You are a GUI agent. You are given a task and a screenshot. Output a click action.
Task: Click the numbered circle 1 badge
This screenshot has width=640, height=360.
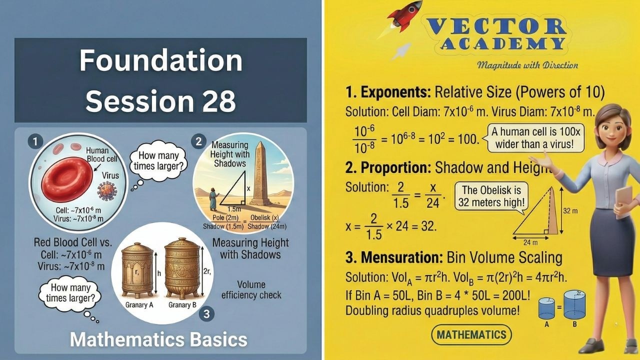[33, 142]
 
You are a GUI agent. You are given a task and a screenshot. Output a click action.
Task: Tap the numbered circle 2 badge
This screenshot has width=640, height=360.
[199, 141]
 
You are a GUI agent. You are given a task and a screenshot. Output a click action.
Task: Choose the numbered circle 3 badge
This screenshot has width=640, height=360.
[206, 314]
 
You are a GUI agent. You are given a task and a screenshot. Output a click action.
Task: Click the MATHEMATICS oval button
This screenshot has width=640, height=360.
[470, 334]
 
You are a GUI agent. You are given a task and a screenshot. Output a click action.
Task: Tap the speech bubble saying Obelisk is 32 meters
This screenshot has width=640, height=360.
[491, 196]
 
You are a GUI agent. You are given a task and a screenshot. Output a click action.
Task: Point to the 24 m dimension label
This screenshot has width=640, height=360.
[531, 242]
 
